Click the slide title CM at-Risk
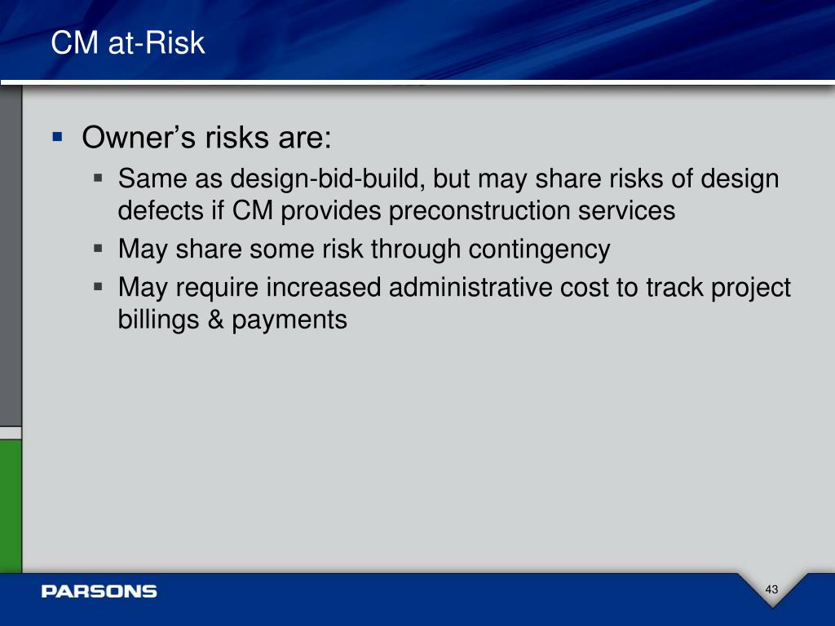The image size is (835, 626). (x=128, y=42)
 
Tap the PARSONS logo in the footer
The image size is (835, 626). (x=99, y=592)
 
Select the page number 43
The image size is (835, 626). (x=771, y=589)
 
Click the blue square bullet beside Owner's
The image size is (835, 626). (x=58, y=137)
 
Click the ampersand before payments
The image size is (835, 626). (x=215, y=320)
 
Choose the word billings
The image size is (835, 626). (x=158, y=320)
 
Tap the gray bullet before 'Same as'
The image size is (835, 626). (x=98, y=177)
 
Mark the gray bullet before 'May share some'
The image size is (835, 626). (x=98, y=248)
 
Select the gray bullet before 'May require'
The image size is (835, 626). (x=98, y=287)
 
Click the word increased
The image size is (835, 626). (x=324, y=288)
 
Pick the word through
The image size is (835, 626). (x=415, y=249)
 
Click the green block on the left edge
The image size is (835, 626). (x=11, y=506)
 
